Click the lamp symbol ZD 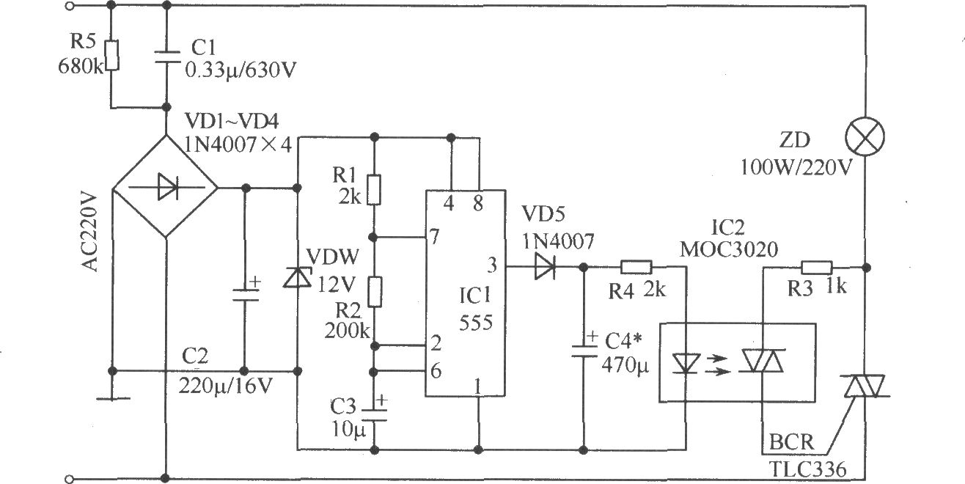tap(865, 136)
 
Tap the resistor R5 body tap(112, 55)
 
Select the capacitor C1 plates tap(167, 57)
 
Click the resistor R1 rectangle tap(374, 189)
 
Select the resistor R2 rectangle tap(375, 292)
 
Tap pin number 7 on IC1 tap(434, 236)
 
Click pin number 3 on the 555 tap(491, 265)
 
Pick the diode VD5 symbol tap(545, 267)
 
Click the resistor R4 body tap(636, 267)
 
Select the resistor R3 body tap(816, 268)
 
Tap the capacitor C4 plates tap(584, 351)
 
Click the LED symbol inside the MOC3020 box tap(686, 363)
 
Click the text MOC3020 tap(728, 249)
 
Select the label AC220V tap(89, 233)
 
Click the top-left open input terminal tap(70, 6)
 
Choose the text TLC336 tap(808, 469)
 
